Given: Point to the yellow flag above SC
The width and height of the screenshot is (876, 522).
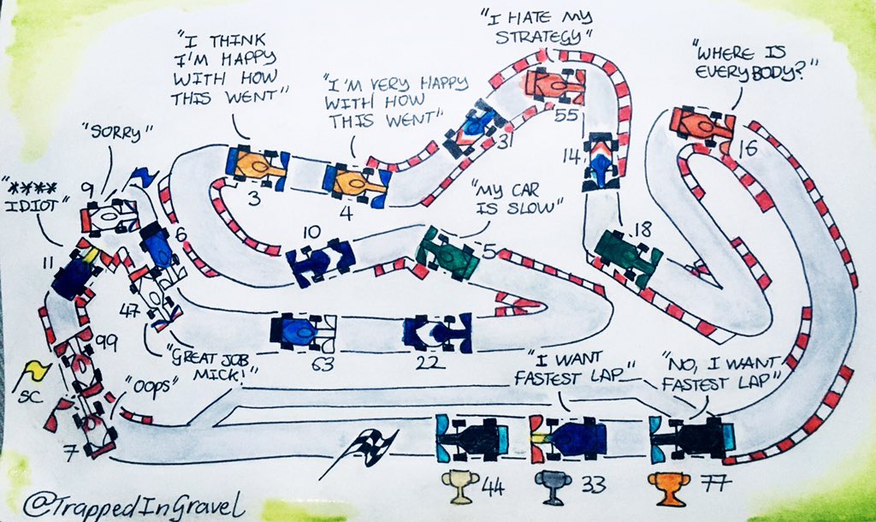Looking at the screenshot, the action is (35, 371).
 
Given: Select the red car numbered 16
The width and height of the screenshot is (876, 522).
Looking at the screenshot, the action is (701, 125).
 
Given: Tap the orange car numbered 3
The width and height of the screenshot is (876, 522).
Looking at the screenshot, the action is (257, 164).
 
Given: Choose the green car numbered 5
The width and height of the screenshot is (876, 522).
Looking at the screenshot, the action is (447, 252).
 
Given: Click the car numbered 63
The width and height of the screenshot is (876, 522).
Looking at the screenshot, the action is (303, 332).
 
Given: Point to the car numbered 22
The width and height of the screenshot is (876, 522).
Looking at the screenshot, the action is (437, 332).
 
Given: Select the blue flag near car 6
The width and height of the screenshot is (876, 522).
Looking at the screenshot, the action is (139, 178).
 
